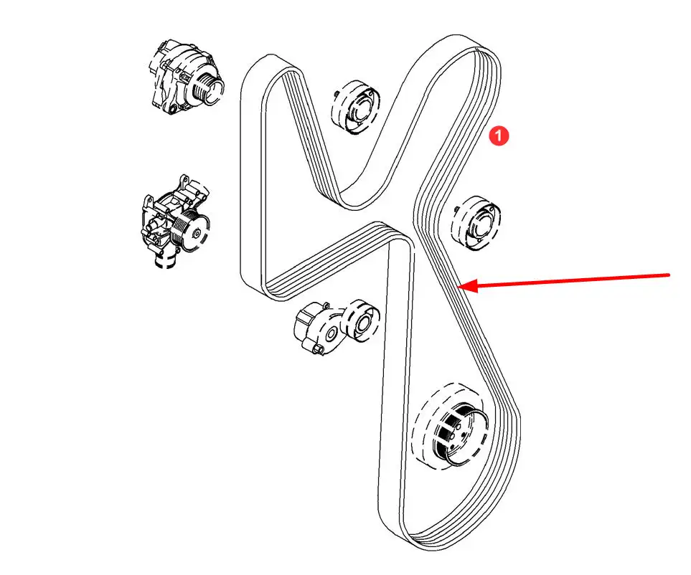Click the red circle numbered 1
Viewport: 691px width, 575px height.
[x=499, y=136]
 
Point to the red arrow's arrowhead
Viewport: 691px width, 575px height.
[x=467, y=286]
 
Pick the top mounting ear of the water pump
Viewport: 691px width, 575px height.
[x=184, y=181]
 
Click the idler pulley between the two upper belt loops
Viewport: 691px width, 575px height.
[x=356, y=108]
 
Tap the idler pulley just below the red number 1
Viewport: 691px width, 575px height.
[x=476, y=224]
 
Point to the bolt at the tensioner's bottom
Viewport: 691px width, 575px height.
[x=317, y=350]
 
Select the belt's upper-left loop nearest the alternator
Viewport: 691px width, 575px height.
[x=270, y=62]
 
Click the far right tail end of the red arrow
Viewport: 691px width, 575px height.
[x=669, y=275]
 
